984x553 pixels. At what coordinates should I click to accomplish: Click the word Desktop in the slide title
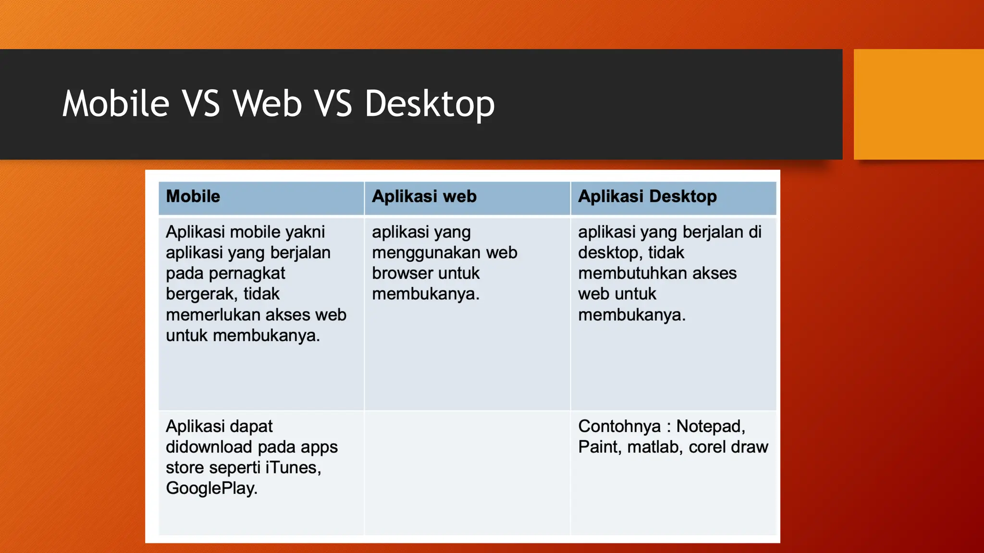[x=430, y=104]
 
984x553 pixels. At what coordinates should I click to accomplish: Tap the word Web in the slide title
[x=268, y=104]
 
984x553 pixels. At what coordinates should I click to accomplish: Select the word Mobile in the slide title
[x=116, y=104]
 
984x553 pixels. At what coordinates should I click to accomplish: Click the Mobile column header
[x=193, y=196]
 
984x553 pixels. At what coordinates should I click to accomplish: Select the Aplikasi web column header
[x=424, y=196]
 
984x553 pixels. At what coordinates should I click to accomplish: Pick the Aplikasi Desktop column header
[x=647, y=196]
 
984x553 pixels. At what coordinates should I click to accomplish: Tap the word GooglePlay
[x=211, y=488]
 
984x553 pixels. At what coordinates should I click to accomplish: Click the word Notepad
[x=710, y=426]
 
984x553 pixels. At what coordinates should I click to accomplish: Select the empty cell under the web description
[x=467, y=473]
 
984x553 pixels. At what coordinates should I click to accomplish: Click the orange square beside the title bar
[x=918, y=104]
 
